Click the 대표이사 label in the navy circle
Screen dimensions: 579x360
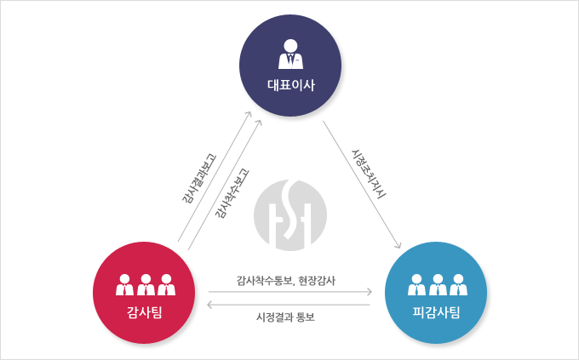tap(291, 85)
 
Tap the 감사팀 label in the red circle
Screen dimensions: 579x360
tap(145, 312)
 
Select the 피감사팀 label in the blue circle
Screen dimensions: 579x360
tap(436, 312)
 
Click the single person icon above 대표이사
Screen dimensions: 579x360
tap(291, 54)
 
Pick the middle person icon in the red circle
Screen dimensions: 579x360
tap(146, 284)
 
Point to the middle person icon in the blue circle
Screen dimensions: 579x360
tap(438, 284)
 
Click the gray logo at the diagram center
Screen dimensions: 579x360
tap(290, 215)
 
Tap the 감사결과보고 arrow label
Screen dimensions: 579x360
tap(198, 179)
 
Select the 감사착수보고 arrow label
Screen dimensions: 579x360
tap(232, 194)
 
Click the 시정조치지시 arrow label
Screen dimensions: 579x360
tap(369, 174)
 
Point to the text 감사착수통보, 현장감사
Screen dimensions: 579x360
tap(286, 281)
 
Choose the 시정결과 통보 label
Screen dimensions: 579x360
tap(285, 317)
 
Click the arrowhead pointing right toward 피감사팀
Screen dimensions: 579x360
tap(369, 292)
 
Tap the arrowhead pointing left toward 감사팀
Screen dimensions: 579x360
tap(210, 305)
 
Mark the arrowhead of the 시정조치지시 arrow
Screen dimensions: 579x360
tap(398, 245)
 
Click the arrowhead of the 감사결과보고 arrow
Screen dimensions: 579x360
tap(249, 114)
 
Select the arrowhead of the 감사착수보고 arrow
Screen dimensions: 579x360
tap(259, 123)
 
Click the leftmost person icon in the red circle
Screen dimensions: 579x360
tap(125, 284)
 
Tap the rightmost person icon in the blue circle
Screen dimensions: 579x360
tap(459, 284)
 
